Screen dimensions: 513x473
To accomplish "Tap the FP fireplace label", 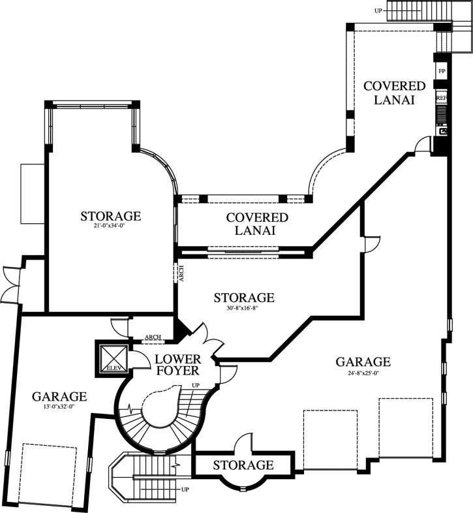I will point(442,71).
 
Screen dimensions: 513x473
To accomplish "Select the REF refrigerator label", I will point(442,98).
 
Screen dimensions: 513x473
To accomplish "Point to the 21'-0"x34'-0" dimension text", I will point(110,227).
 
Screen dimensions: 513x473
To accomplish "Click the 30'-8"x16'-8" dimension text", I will point(244,308).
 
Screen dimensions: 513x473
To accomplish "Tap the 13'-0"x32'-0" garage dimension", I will point(59,407).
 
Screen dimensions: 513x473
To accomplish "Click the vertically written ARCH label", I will point(181,274).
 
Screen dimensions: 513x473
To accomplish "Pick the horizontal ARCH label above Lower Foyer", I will point(153,337).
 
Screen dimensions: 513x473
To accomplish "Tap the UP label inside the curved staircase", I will point(194,386).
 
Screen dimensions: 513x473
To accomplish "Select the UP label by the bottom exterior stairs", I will point(185,489).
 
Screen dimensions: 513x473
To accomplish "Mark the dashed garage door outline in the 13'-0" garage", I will point(49,474).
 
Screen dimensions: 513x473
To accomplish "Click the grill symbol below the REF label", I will point(442,115).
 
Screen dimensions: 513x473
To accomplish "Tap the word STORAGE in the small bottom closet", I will point(243,465).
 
